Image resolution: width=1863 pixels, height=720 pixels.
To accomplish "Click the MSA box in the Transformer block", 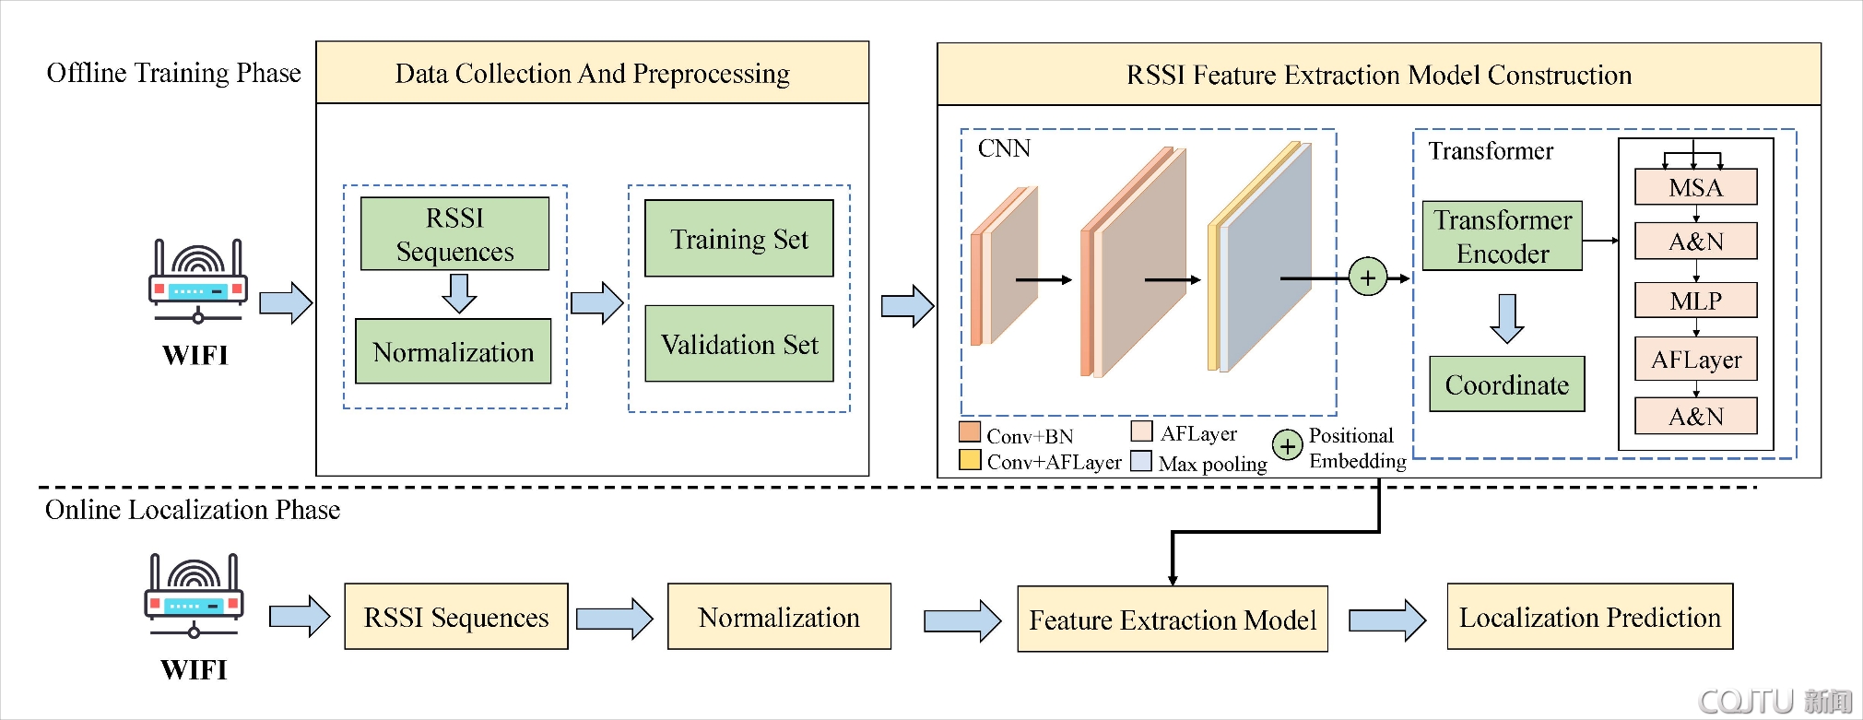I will coord(1695,187).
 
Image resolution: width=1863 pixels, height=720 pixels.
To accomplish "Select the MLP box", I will coord(1695,301).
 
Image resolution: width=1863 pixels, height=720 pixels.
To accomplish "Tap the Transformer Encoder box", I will coord(1502,236).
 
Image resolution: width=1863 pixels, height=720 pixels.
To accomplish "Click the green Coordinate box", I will coord(1506,384).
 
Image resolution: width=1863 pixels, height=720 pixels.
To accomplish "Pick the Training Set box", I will coord(738,239).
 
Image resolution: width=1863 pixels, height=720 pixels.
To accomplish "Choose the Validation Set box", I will coord(738,344).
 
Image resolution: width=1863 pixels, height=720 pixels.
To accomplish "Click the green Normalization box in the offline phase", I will coord(453,351).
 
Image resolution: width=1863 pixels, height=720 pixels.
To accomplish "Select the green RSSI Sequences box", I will coord(454,234).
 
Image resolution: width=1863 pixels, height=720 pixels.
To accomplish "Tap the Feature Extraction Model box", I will coord(1172,620).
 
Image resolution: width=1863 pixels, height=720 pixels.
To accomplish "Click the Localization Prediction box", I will coord(1589,617).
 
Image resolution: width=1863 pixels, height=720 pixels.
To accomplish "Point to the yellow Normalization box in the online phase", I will coord(778,617).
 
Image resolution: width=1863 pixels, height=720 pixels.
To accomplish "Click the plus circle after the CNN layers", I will coord(1367,277).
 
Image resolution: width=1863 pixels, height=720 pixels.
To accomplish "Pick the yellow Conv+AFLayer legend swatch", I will coord(969,459).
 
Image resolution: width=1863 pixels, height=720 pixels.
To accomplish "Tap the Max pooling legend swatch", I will coord(1141,461).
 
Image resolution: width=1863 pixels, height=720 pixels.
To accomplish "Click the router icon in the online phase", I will coord(194,596).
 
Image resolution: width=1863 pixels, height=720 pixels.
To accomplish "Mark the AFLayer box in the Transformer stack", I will coord(1695,360).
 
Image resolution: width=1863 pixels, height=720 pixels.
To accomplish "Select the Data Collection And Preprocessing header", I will coord(592,73).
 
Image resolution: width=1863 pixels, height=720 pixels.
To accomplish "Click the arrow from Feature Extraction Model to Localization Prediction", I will coord(1386,620).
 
